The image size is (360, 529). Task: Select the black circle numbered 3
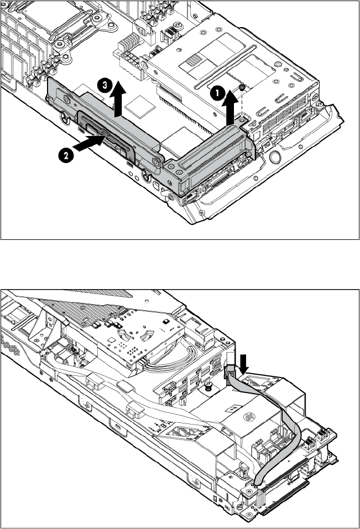click(105, 85)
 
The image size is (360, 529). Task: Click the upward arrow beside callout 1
click(230, 107)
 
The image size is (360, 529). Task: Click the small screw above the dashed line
click(242, 87)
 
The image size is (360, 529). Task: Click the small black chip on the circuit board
click(165, 321)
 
